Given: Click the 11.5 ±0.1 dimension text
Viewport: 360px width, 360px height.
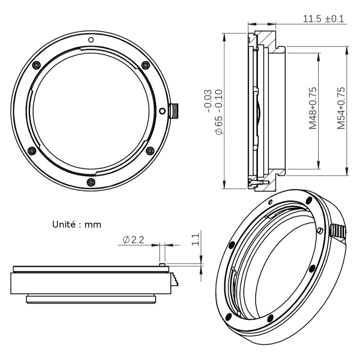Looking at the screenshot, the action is point(323,19).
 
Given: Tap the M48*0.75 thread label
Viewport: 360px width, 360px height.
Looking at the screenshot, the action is point(313,108).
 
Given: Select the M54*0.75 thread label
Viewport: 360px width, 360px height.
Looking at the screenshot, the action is point(341,108).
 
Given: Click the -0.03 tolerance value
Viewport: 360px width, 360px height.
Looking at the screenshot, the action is point(207,101).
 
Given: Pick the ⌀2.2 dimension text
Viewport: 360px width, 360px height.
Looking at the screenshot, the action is point(134,240).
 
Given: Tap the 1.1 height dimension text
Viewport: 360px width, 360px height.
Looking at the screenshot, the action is point(195,239).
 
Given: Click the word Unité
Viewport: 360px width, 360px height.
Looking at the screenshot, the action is point(64,224).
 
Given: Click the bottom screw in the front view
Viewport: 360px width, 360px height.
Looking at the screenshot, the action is point(91,182).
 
